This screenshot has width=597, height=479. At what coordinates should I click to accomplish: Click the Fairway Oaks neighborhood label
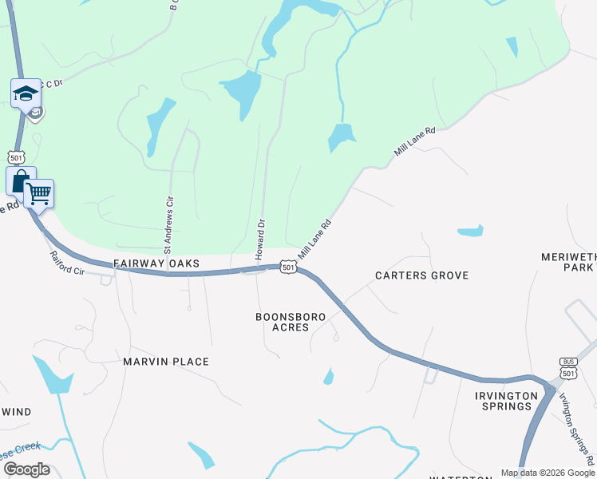point(156,263)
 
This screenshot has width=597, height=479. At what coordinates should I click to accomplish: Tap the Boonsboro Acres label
point(291,322)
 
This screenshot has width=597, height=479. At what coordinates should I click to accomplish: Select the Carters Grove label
point(422,275)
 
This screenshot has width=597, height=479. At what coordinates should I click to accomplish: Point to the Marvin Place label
point(166,362)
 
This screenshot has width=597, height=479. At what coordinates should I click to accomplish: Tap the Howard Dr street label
point(259,238)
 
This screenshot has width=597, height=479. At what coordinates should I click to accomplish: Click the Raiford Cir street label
point(67,263)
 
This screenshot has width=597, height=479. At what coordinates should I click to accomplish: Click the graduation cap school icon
point(26,93)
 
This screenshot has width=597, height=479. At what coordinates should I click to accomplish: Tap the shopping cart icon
point(38,192)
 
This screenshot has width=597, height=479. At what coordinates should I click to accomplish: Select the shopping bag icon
point(21,180)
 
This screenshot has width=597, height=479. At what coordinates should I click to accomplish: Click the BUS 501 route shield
point(568,368)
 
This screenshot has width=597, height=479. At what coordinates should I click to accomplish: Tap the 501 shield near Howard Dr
point(287,266)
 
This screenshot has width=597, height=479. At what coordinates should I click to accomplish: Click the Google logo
point(26,469)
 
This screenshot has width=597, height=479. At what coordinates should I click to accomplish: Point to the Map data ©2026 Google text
point(548,473)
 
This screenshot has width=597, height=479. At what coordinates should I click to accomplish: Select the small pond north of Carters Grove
point(470,232)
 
